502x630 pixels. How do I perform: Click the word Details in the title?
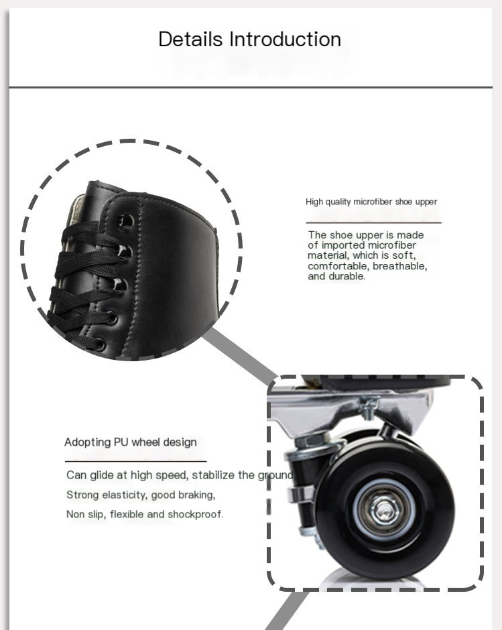coord(190,40)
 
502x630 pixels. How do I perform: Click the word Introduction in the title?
coord(286,40)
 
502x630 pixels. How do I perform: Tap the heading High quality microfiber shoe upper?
coord(371,202)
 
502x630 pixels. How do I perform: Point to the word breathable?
coord(399,266)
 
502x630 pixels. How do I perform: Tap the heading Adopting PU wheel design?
coord(131,442)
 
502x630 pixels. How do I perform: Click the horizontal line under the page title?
coord(251,86)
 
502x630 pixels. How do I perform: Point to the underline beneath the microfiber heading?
coord(373,223)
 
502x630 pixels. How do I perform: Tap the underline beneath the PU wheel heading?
coord(136,461)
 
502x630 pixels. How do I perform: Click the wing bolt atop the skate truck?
coord(369,405)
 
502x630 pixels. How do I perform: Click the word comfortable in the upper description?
coord(339,266)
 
